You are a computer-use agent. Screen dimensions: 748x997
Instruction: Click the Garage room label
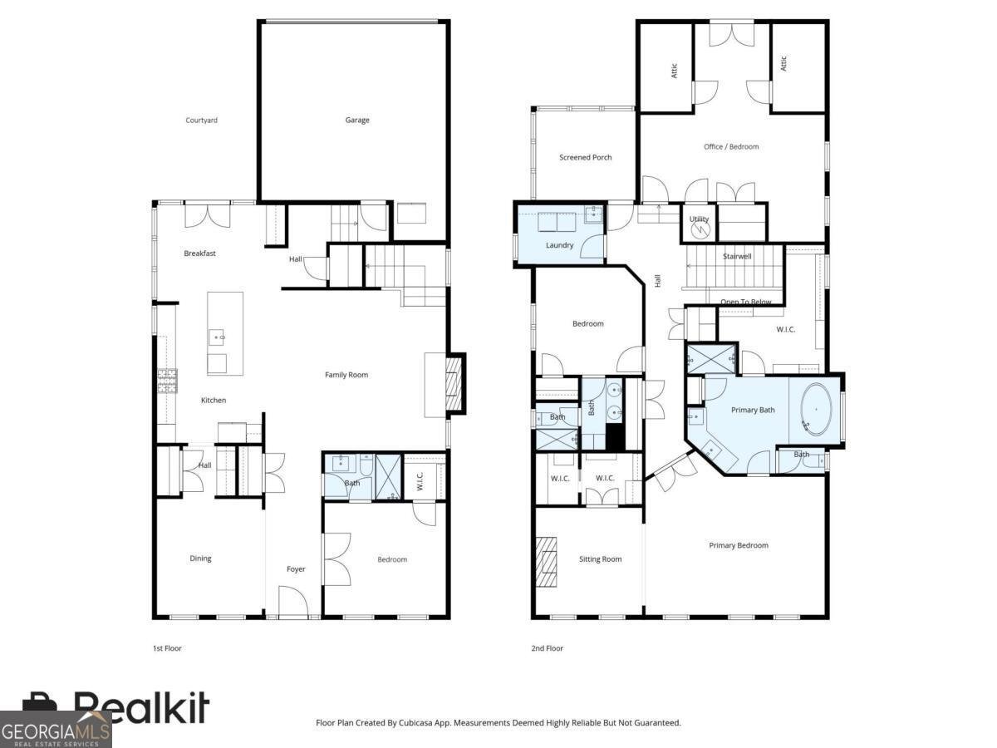pos(357,121)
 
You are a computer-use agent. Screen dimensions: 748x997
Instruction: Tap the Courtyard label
pos(201,121)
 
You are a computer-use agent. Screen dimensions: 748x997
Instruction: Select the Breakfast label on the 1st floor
pos(199,253)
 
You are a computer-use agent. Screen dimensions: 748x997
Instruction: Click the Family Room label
pos(346,375)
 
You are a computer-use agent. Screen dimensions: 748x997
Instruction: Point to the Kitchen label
pos(214,401)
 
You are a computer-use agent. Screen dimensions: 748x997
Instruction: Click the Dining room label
pos(200,559)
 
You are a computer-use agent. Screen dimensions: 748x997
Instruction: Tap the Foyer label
pos(296,569)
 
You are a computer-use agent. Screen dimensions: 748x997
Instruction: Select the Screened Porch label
pos(585,157)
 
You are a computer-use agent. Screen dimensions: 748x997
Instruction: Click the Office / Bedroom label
pos(731,147)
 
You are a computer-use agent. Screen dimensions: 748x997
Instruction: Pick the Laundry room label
pos(559,245)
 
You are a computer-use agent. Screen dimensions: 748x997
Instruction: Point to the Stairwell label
pos(736,257)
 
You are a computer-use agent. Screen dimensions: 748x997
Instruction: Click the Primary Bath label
pos(753,410)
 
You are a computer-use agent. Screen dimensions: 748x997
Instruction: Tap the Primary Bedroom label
pos(738,546)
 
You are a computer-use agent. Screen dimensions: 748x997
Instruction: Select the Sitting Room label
pos(600,559)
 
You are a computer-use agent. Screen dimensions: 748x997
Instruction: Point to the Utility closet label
pos(699,219)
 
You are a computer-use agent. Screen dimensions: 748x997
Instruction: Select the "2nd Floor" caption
pos(547,648)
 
